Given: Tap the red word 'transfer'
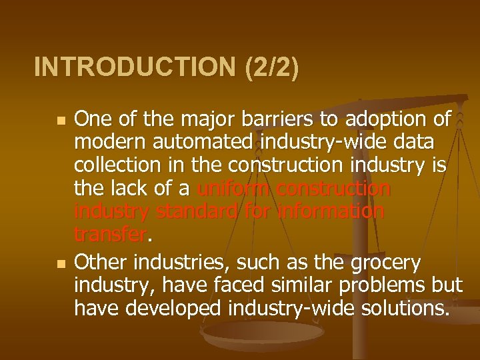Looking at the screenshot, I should coord(109,235).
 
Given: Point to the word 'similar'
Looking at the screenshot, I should coord(285,286).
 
